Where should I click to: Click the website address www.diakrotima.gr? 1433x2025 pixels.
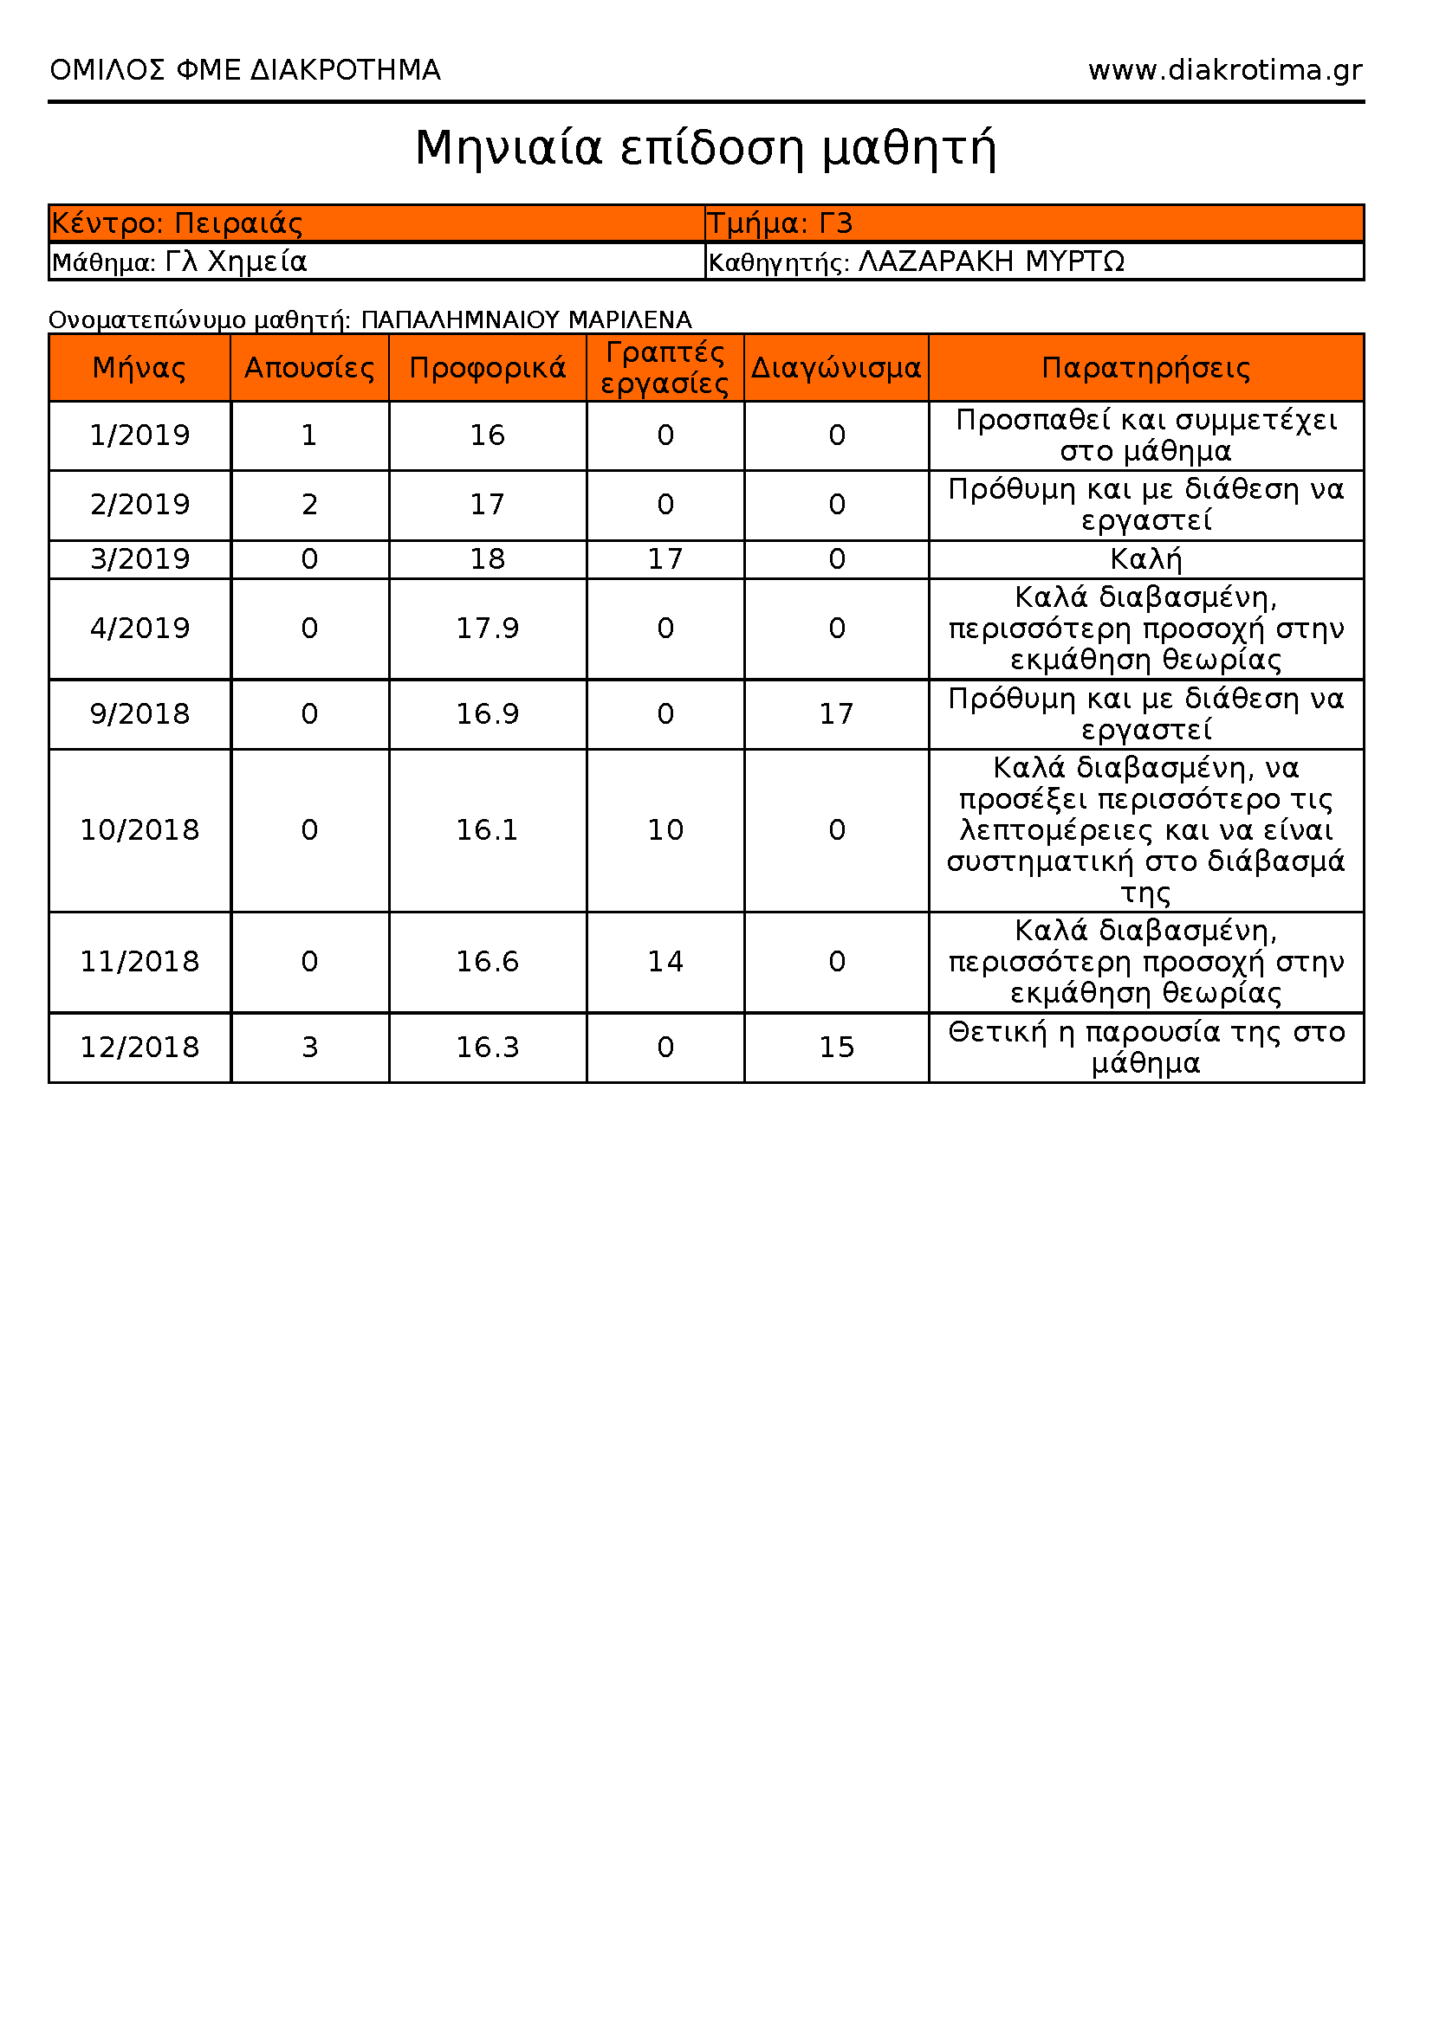[x=1225, y=70]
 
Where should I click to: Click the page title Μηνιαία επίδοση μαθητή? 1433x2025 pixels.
[x=706, y=148]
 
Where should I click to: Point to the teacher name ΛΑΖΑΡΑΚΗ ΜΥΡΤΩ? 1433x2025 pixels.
[x=991, y=262]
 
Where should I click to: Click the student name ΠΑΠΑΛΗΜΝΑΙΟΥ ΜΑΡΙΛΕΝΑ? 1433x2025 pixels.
[x=526, y=319]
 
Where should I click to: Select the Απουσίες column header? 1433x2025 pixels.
[x=309, y=368]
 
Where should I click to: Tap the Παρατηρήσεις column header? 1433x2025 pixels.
[x=1145, y=368]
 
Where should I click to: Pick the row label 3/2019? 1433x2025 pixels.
[x=140, y=559]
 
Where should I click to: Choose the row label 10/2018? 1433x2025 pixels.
[x=140, y=830]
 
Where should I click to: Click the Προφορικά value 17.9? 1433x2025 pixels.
[x=487, y=629]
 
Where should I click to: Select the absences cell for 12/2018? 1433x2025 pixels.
[x=309, y=1047]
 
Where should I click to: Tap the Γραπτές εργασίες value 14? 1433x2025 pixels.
[x=665, y=961]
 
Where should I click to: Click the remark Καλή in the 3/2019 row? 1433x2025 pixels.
[x=1145, y=559]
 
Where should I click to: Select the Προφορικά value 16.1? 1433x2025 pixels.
[x=487, y=830]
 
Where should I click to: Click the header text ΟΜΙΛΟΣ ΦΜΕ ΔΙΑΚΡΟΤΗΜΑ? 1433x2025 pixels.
[x=245, y=70]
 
